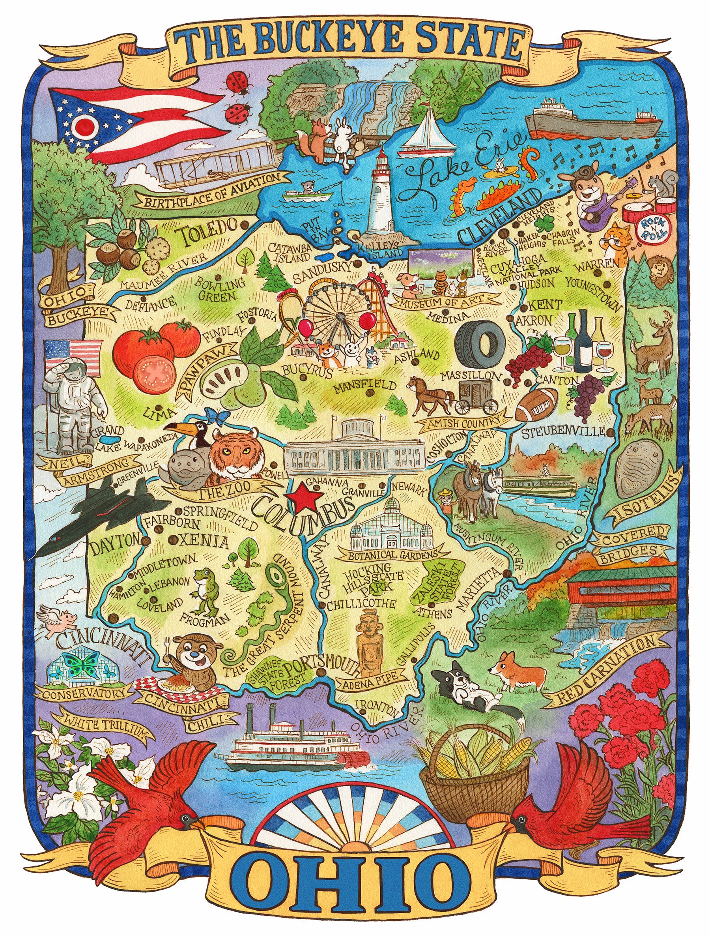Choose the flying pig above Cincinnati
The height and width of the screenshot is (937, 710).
[59, 620]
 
